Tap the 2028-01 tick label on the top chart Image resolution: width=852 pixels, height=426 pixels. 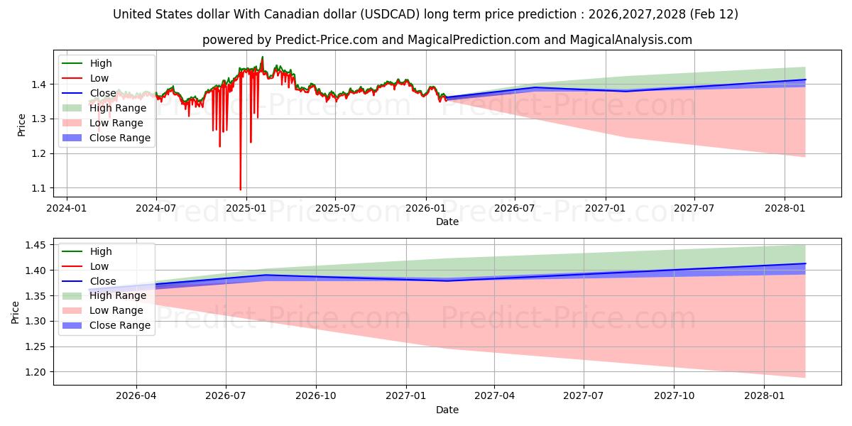click(x=785, y=208)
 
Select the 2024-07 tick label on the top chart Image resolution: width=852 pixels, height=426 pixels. click(x=155, y=208)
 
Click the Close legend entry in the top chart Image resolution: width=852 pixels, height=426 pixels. click(x=103, y=93)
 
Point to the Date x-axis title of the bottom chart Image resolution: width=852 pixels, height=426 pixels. click(x=447, y=410)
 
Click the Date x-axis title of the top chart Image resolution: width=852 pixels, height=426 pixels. click(x=447, y=222)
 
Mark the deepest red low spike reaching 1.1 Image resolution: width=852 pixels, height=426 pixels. click(x=240, y=189)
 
